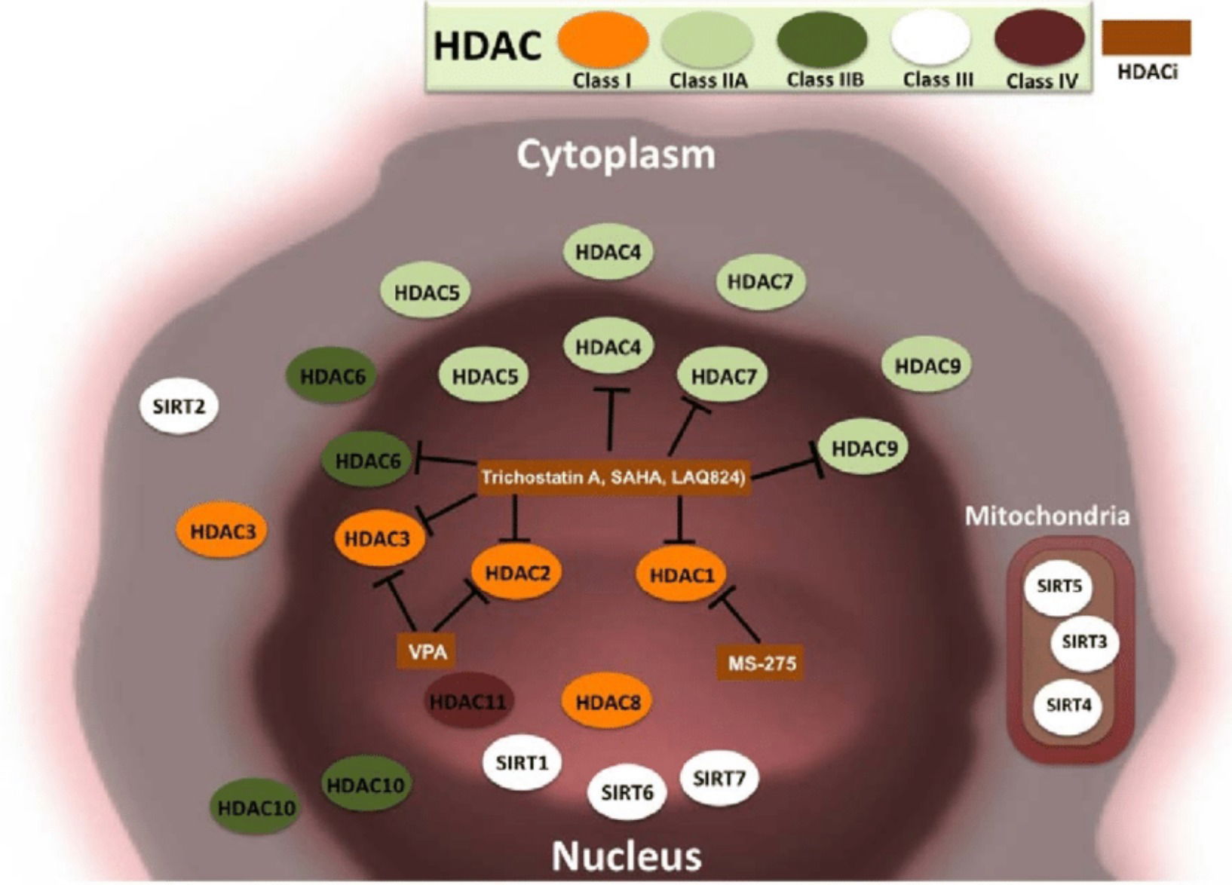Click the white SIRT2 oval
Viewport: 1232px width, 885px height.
pyautogui.click(x=179, y=407)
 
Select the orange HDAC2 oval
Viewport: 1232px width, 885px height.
pyautogui.click(x=517, y=573)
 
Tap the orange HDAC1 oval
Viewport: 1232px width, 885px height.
pyautogui.click(x=681, y=575)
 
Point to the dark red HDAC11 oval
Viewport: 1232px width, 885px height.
pyautogui.click(x=467, y=702)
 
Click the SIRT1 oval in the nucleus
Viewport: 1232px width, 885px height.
pyautogui.click(x=522, y=763)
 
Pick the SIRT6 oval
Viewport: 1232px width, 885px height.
pyautogui.click(x=627, y=792)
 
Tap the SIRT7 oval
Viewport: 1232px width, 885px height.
pyautogui.click(x=719, y=778)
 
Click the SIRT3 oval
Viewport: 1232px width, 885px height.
pyautogui.click(x=1083, y=642)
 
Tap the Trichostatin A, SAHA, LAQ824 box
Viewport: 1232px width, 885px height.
pyautogui.click(x=613, y=477)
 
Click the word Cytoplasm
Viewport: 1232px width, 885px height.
pyautogui.click(x=615, y=155)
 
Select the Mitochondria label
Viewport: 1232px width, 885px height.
pyautogui.click(x=1047, y=516)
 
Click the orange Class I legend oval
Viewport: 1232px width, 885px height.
pyautogui.click(x=602, y=39)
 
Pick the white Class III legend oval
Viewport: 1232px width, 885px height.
pyautogui.click(x=930, y=38)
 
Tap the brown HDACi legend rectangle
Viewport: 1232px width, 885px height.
pyautogui.click(x=1146, y=38)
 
